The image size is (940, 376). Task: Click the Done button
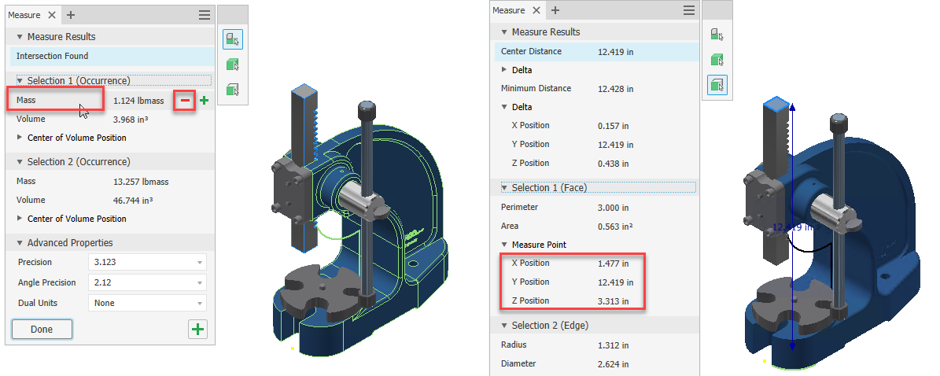click(42, 330)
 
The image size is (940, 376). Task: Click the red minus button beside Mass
click(185, 101)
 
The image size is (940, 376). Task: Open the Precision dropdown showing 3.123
click(147, 262)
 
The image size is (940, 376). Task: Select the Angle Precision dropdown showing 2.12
click(147, 282)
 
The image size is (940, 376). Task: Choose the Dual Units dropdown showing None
click(147, 303)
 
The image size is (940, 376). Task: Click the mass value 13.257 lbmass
click(139, 181)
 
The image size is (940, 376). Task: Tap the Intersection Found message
click(52, 56)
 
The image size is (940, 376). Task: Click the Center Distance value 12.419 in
click(616, 52)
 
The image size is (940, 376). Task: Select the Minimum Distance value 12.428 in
click(616, 89)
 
